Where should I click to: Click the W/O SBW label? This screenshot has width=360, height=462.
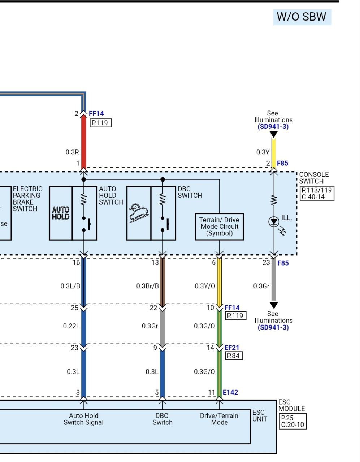[x=302, y=17]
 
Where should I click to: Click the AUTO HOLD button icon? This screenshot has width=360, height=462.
[x=61, y=213]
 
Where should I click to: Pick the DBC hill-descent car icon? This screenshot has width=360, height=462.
[x=139, y=213]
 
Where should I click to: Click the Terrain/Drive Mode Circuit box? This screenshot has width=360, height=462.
[x=220, y=227]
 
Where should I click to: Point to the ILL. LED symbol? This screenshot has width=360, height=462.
[x=274, y=222]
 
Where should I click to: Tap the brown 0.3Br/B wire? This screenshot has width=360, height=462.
[x=162, y=282]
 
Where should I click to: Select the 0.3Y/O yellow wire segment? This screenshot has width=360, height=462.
[x=219, y=282]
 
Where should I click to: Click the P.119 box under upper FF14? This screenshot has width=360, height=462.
[x=101, y=123]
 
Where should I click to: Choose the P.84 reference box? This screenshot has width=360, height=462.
[x=234, y=356]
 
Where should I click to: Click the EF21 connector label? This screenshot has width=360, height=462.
[x=232, y=348]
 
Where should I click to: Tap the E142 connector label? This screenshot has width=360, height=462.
[x=230, y=392]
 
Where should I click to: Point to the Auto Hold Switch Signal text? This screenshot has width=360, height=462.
[x=83, y=419]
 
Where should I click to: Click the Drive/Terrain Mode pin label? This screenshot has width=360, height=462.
[x=219, y=419]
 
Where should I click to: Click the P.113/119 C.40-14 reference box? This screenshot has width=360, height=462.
[x=317, y=193]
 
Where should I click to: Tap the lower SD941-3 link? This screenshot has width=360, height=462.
[x=273, y=327]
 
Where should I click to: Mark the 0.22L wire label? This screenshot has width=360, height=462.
[x=71, y=326]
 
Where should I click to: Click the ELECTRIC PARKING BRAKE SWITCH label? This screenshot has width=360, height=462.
[x=27, y=199]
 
